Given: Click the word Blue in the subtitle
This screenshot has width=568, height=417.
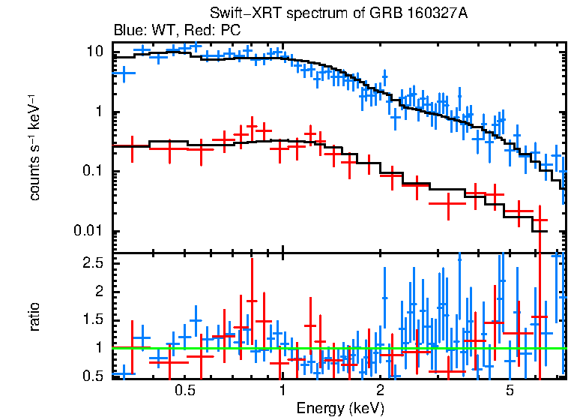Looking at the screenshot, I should coord(126,31).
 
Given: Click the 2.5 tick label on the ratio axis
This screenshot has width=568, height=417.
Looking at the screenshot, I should coord(93,263).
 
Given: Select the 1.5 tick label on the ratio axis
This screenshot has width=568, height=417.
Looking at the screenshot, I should coord(93,319).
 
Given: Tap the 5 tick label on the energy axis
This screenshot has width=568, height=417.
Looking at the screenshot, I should coord(509,391).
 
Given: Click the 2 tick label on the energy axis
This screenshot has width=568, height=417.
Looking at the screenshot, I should coord(380,391).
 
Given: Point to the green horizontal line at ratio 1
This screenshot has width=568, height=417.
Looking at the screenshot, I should coord(337,348).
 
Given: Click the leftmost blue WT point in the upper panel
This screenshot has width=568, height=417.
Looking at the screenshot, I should coord(124,73).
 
